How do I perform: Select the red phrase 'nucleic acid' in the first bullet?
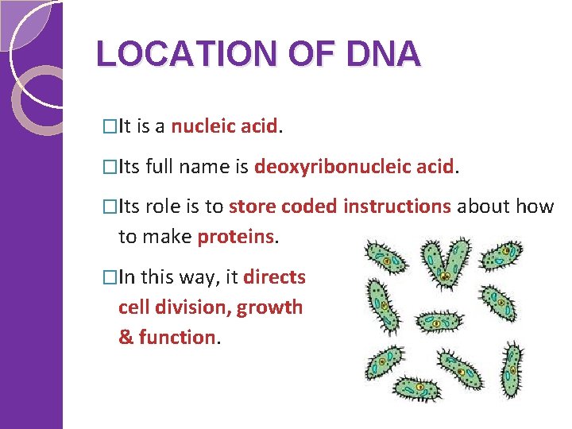click(224, 126)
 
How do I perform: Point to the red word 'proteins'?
click(236, 236)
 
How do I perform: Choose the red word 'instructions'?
click(397, 207)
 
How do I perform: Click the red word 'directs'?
click(274, 277)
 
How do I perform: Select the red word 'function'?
click(176, 337)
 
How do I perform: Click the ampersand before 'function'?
click(126, 337)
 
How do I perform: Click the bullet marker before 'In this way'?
click(110, 277)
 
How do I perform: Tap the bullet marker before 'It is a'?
click(110, 126)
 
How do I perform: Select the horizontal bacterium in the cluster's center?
click(439, 320)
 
